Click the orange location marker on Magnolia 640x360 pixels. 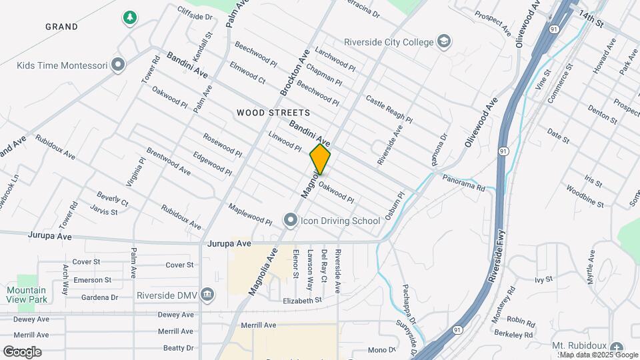[x=320, y=160]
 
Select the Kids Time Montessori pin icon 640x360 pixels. [x=119, y=65]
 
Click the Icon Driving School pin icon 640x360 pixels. [x=290, y=219]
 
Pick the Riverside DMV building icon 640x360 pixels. [x=207, y=294]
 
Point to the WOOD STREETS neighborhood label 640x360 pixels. [x=273, y=113]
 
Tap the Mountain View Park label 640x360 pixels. [x=27, y=295]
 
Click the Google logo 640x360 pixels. [x=22, y=351]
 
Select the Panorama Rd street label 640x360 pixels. [x=464, y=183]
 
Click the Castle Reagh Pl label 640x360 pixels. [x=389, y=109]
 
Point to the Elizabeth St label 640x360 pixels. [x=301, y=301]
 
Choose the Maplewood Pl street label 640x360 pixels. [x=250, y=214]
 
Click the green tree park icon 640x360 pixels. [x=130, y=18]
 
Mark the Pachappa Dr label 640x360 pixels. [x=409, y=303]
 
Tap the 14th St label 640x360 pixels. [x=590, y=18]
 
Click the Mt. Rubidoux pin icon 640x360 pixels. [x=616, y=347]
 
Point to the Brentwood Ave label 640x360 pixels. [x=169, y=162]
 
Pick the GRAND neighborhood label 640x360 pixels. [x=61, y=27]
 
